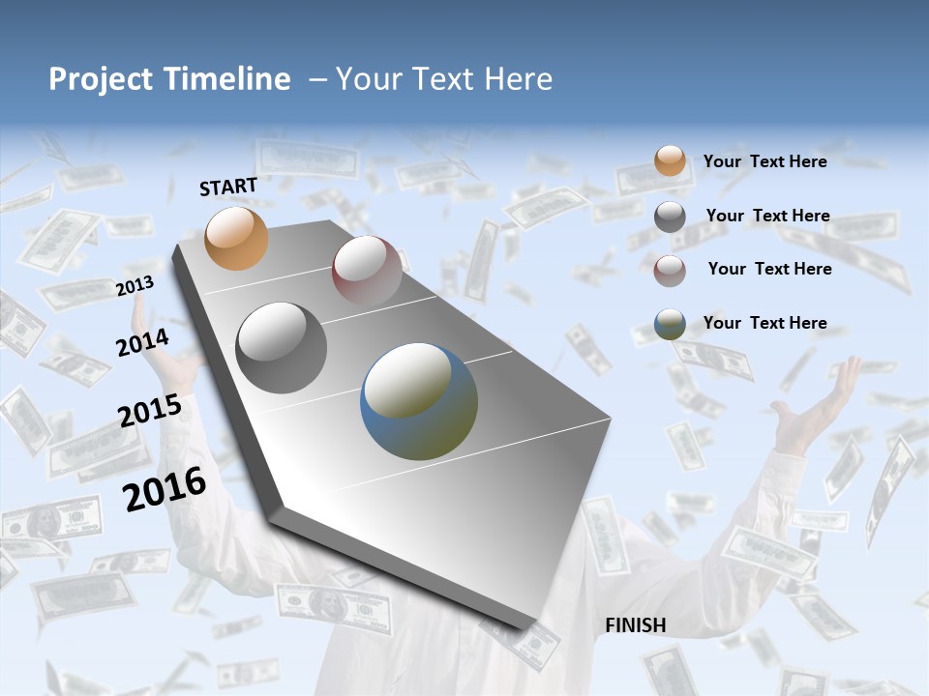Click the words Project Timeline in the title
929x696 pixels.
point(169,79)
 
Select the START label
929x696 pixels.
point(228,187)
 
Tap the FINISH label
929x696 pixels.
point(636,625)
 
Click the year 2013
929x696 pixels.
point(135,286)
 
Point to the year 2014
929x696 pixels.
point(142,342)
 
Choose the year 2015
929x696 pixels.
point(150,410)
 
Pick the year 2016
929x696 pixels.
point(165,489)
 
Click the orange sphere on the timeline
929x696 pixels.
point(236,238)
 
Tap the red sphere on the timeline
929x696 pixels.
point(367,271)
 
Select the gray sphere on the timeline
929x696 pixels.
point(282,348)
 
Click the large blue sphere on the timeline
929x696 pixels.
point(419,401)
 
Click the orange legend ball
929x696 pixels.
point(670,160)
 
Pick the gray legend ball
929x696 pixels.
point(670,217)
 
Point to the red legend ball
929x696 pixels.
point(670,270)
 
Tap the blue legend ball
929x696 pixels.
point(670,324)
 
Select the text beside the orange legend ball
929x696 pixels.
point(764,161)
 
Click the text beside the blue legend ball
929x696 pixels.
point(764,323)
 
